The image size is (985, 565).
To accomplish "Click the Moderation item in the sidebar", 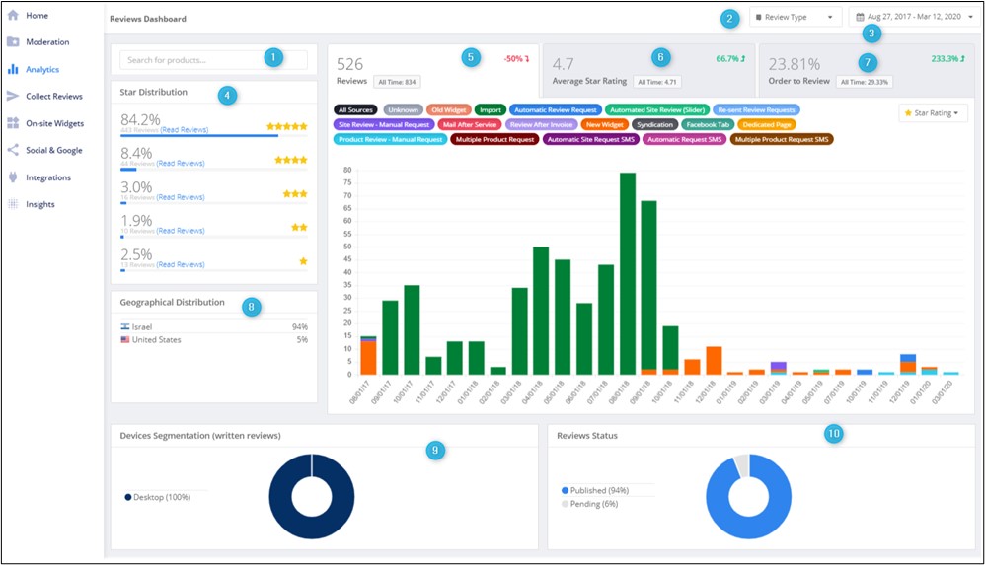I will (46, 42).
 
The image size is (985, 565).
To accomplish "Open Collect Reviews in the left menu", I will (53, 96).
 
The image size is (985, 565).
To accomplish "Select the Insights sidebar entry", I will (40, 204).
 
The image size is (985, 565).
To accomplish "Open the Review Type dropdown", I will (795, 17).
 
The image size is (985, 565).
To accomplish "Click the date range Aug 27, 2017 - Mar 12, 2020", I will (912, 17).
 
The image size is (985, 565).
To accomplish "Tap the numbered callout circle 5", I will (471, 57).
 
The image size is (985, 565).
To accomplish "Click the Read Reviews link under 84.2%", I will (181, 129).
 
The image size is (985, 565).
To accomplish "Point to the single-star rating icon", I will (303, 261).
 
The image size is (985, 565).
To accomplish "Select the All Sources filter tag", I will (355, 109).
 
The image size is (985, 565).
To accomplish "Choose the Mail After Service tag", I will (469, 125).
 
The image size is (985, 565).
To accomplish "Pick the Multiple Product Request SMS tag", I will (782, 140).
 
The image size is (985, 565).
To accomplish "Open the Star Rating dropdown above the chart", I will (933, 113).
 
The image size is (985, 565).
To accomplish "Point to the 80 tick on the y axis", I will (347, 170).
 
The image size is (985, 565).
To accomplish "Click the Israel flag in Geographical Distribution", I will (124, 326).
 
